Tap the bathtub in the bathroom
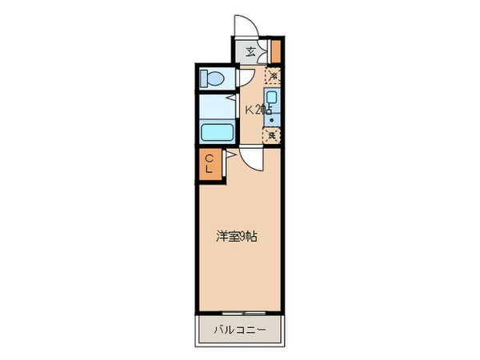[216, 132]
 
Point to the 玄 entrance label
[250, 53]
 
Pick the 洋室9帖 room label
[236, 237]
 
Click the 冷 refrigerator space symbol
[272, 77]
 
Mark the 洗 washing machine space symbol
[272, 135]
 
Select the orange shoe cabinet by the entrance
[276, 50]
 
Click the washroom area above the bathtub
[216, 106]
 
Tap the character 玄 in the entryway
[250, 53]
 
